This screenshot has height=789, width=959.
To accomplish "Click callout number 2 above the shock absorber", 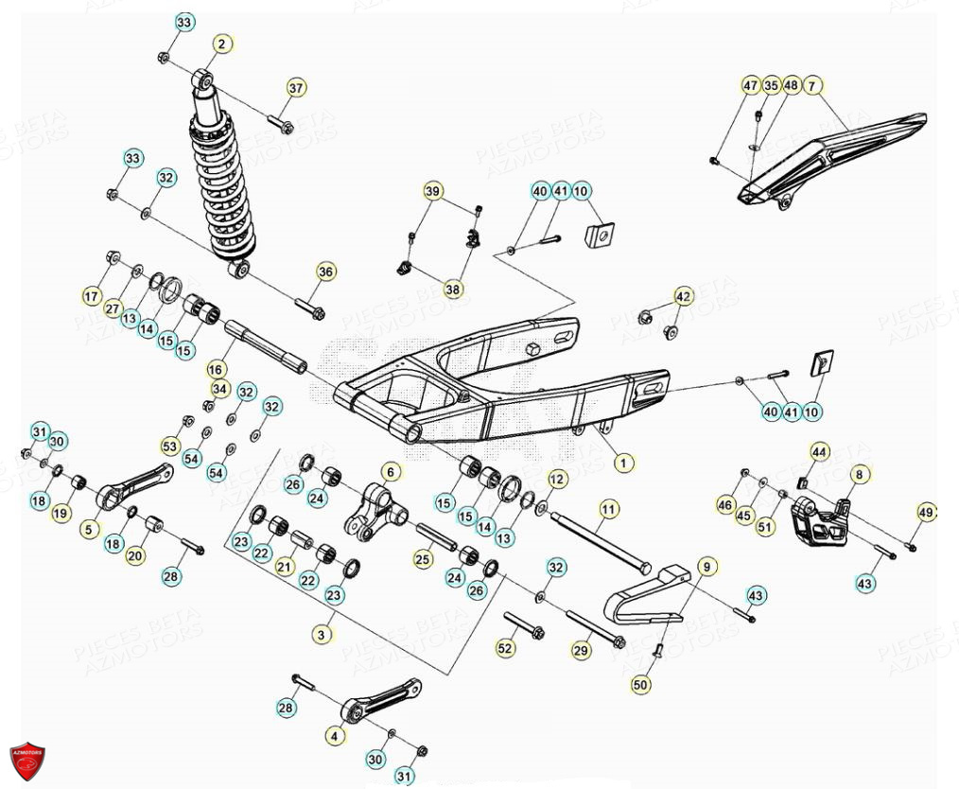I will coord(221,44).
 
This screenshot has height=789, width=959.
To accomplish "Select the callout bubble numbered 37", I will coord(297,88).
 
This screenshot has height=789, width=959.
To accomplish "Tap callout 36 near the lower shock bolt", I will coord(325,272).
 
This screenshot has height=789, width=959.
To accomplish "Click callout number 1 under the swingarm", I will coord(623,463).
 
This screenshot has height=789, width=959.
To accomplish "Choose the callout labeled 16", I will coord(217,369).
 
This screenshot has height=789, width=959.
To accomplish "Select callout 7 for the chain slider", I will coord(812,86).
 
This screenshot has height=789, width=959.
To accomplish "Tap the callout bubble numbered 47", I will coord(750,86).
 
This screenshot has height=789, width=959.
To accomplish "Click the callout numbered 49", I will coord(926,512).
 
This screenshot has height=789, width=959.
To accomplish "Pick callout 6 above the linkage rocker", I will coord(392,471).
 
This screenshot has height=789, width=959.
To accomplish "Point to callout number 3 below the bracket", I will coord(323,635).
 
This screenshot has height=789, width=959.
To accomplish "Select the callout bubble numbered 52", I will coord(506,648).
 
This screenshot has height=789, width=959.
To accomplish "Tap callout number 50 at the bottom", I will coord(641,684).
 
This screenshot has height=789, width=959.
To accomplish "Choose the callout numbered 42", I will coord(682,295).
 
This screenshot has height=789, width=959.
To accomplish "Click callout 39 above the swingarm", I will coord(432,192).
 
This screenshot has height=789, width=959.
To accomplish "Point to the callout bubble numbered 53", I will coord(170,446).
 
